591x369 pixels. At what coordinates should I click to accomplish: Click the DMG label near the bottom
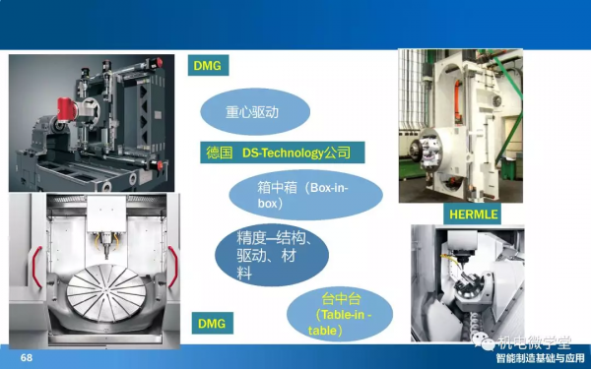tap(209, 322)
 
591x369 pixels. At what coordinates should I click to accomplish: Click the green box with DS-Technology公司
tap(281, 154)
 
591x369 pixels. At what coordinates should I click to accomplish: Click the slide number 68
tap(27, 358)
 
